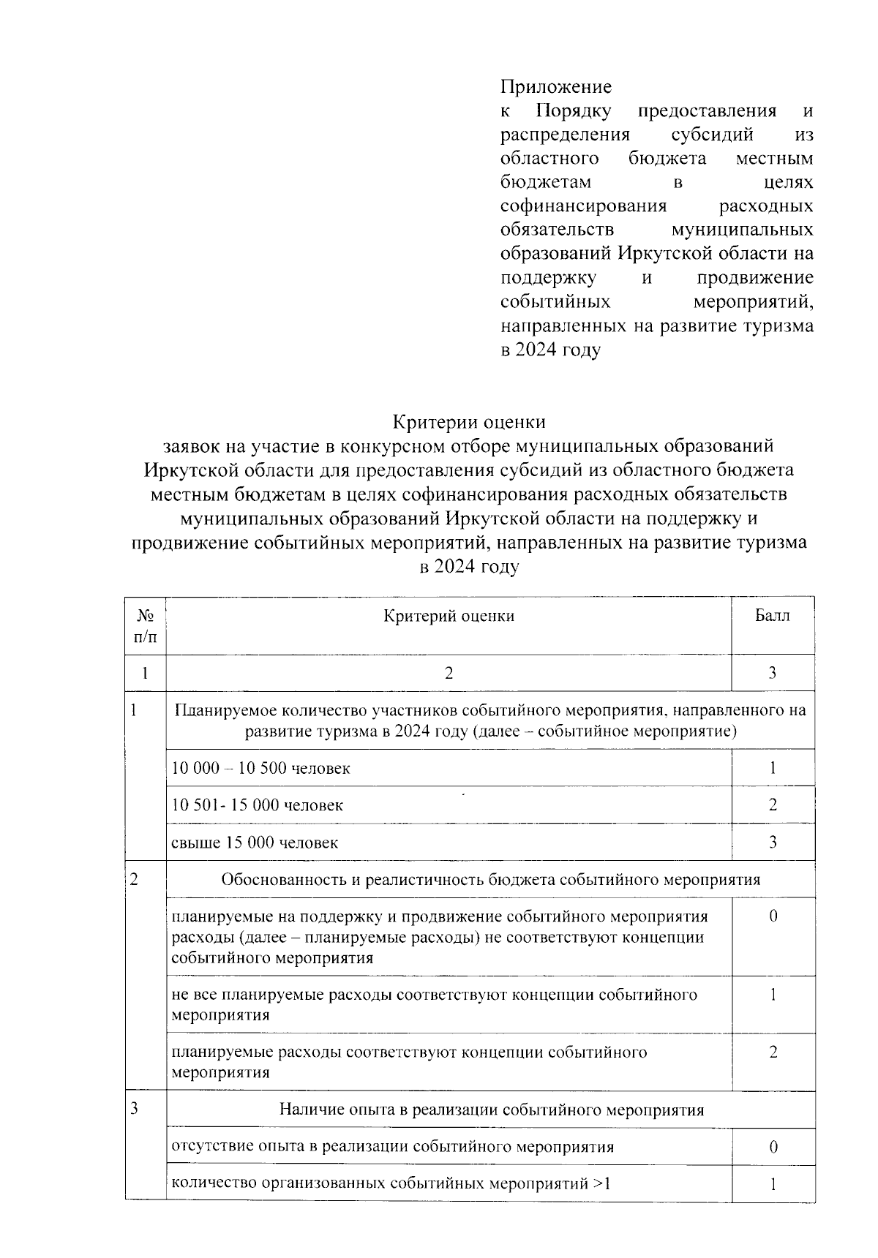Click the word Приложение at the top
pos(555,87)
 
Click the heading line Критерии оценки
pos(469,422)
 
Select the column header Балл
pos(772,616)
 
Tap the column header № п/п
pos(145,626)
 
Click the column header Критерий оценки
pos(449,616)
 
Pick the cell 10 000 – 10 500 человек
pos(260,768)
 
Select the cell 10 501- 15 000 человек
pos(257,805)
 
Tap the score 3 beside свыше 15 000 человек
pos(773,843)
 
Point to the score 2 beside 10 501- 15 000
pos(773,805)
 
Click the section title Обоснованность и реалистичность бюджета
pos(490,879)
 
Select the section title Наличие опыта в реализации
pos(491,1110)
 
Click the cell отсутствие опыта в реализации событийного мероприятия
pos(392,1146)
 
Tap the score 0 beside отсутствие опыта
pos(773,1148)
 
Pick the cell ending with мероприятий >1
pos(390,1183)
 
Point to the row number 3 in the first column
pos(135,1109)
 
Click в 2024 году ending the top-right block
pos(550,350)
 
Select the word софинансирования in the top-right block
pos(584,206)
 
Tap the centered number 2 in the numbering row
pos(449,674)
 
